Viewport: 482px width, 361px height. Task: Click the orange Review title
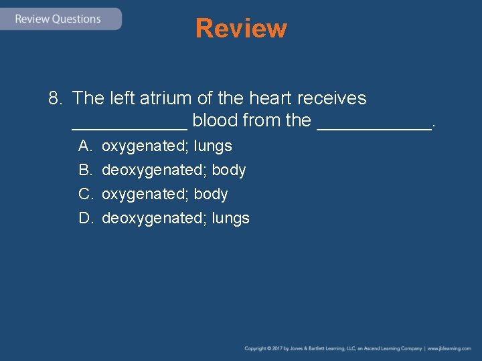[x=241, y=28]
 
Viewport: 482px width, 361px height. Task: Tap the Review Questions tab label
[x=58, y=19]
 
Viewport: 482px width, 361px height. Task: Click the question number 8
[x=55, y=98]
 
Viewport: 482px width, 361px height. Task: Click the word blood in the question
[x=215, y=121]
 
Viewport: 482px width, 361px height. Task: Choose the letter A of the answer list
[x=84, y=146]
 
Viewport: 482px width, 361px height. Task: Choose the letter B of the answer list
[x=84, y=170]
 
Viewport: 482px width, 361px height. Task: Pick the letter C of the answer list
[x=85, y=194]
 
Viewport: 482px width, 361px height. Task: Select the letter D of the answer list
[x=85, y=218]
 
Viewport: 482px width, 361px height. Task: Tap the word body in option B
[x=229, y=170]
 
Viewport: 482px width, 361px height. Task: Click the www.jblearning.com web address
[x=449, y=348]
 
